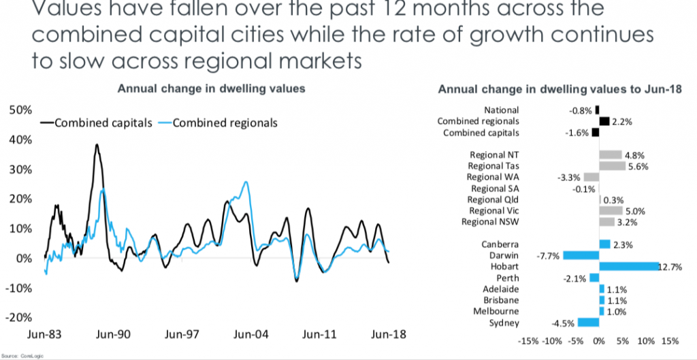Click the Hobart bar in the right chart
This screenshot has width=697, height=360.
628,266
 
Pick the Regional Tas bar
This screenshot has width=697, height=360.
612,165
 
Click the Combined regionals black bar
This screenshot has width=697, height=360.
604,121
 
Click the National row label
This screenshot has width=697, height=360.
501,110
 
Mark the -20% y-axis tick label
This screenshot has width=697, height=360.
18,318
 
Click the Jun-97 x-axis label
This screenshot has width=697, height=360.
182,335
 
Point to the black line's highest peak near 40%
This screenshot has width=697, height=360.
97,144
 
